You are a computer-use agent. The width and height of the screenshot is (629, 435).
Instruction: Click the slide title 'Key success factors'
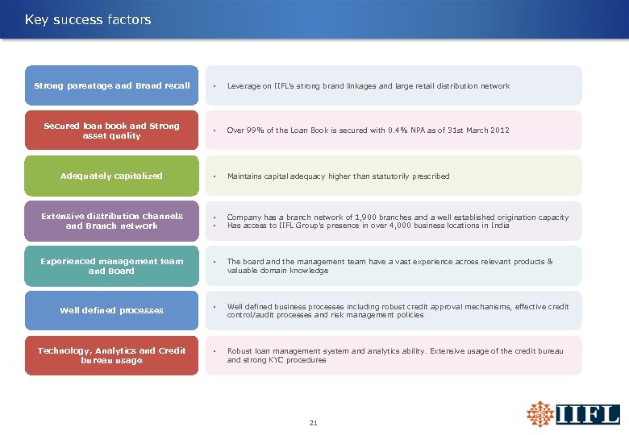pyautogui.click(x=88, y=19)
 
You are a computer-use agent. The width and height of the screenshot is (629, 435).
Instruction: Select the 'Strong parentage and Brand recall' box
pyautogui.click(x=111, y=85)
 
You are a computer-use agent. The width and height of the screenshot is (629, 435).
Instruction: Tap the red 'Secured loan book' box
pyautogui.click(x=111, y=130)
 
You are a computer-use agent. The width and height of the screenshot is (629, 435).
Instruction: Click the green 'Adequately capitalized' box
pyautogui.click(x=111, y=176)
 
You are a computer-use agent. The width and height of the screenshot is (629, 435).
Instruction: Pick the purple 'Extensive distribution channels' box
pyautogui.click(x=111, y=221)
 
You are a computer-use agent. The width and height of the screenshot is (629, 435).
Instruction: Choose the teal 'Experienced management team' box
pyautogui.click(x=111, y=266)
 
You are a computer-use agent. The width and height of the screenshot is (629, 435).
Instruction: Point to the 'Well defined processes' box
pyautogui.click(x=111, y=310)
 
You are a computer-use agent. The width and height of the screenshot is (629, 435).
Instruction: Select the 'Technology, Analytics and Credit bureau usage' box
pyautogui.click(x=111, y=355)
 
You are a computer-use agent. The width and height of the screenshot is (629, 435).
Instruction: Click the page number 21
pyautogui.click(x=314, y=421)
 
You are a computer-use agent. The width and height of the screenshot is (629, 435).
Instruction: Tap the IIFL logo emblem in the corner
pyautogui.click(x=539, y=414)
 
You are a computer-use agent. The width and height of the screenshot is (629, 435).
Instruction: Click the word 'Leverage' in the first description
pyautogui.click(x=243, y=85)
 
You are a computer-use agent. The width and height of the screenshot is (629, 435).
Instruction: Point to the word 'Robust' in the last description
pyautogui.click(x=240, y=351)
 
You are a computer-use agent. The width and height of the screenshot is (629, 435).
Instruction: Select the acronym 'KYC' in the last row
pyautogui.click(x=282, y=360)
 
